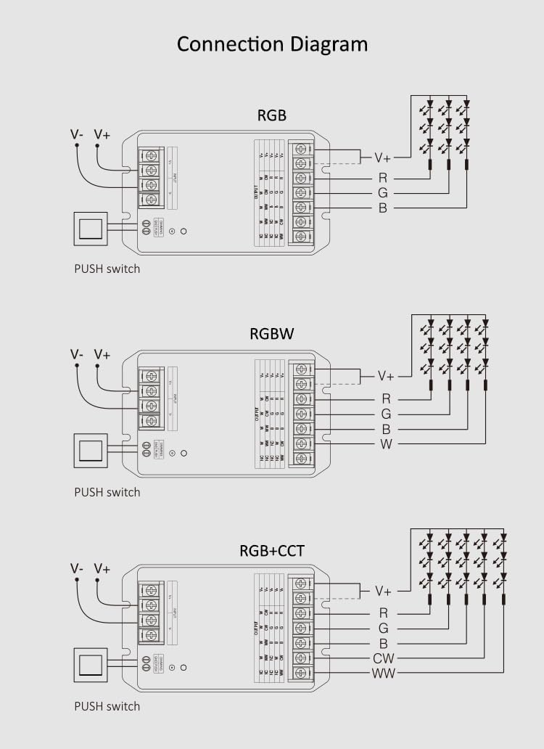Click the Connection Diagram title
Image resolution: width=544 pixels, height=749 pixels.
(x=272, y=44)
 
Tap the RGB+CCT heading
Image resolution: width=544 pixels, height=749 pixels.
(x=272, y=552)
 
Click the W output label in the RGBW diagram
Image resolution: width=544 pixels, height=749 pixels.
(x=386, y=443)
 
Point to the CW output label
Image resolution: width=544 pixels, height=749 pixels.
(x=383, y=659)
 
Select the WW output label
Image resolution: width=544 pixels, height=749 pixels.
(x=383, y=674)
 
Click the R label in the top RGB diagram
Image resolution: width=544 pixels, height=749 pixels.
(x=382, y=178)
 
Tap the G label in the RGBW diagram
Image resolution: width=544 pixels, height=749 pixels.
(x=386, y=414)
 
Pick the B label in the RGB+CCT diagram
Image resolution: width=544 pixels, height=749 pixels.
(x=383, y=644)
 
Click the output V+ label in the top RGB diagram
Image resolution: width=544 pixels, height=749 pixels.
(x=382, y=157)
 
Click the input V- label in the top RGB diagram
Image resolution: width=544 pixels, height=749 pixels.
(x=77, y=135)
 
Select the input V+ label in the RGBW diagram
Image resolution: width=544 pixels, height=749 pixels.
(x=102, y=354)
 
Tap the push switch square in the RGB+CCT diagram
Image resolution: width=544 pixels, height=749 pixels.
(x=91, y=666)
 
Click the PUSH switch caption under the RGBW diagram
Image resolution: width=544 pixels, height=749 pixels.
(x=107, y=492)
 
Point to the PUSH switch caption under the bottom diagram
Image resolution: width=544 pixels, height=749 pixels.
(x=107, y=706)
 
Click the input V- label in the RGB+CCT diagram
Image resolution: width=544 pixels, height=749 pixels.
(x=77, y=568)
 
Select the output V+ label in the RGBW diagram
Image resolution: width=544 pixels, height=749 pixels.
(x=386, y=376)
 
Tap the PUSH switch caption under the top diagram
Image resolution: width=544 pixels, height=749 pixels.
(x=107, y=269)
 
